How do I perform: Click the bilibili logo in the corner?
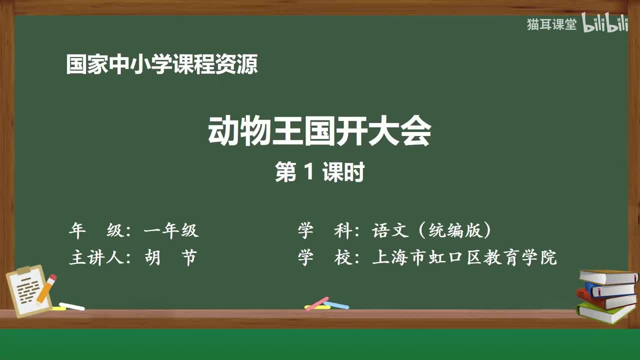605,24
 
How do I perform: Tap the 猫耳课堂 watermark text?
551,24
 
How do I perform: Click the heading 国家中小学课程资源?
161,65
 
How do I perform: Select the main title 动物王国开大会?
319,132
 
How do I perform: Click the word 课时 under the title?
343,172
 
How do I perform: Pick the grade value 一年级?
171,230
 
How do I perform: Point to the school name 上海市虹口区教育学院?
464,258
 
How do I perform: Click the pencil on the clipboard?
46,288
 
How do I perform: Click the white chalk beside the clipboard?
71,306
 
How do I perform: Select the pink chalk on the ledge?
316,303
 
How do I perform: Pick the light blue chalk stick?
336,305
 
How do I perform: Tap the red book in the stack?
605,299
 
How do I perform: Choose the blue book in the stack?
610,289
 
